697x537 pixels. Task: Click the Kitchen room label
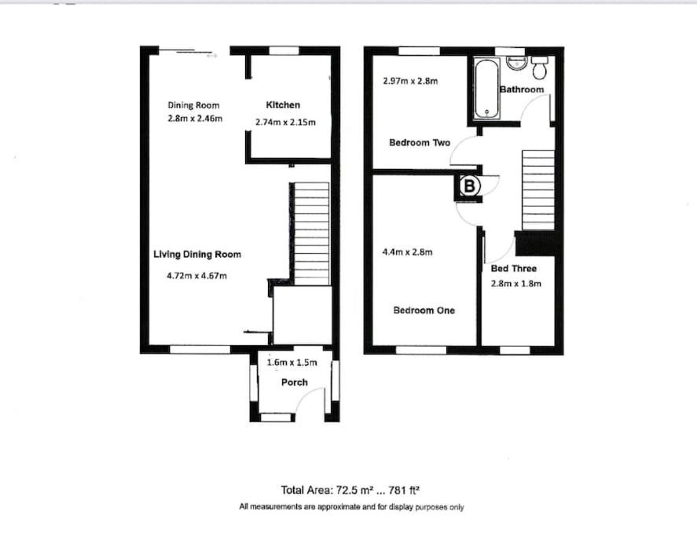(x=283, y=105)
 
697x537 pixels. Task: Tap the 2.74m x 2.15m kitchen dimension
(x=285, y=122)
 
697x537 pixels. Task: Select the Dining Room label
(x=193, y=105)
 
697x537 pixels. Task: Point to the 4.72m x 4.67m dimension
(x=197, y=276)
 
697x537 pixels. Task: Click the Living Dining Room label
(x=197, y=255)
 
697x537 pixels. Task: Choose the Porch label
(x=294, y=382)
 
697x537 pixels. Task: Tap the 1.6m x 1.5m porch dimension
(x=292, y=362)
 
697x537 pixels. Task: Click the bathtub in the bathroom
(x=486, y=89)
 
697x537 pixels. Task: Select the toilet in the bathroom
(x=540, y=67)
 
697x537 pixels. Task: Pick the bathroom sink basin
(x=516, y=64)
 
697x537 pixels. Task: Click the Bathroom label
(x=522, y=90)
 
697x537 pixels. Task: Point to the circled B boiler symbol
(x=470, y=186)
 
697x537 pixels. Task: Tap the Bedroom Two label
(x=420, y=143)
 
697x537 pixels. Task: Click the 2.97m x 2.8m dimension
(x=410, y=81)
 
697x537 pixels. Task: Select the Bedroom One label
(x=424, y=311)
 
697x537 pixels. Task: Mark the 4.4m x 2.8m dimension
(x=407, y=252)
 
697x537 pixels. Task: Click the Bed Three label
(x=513, y=269)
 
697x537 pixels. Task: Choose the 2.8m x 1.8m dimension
(x=516, y=284)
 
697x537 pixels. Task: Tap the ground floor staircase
(x=312, y=234)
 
